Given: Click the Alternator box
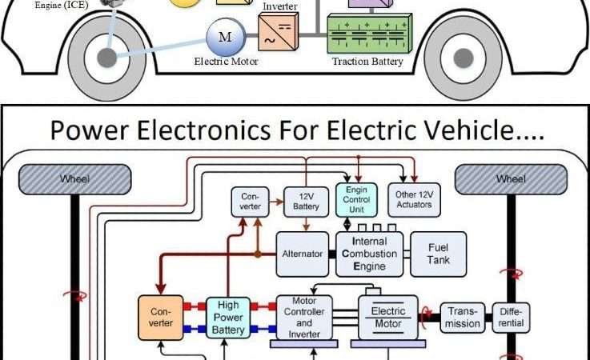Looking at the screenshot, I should coord(302,254).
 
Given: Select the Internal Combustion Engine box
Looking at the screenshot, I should coord(368,254).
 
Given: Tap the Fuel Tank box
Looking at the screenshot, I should coord(438,254).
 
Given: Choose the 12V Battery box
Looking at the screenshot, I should coord(307,200).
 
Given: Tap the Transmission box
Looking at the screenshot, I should coord(463,317).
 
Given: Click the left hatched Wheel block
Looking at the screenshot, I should coord(74,179).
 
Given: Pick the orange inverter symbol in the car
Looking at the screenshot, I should coord(279,34).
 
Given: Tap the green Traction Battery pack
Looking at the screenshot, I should coord(367,34).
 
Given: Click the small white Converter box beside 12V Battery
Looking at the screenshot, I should coord(250,201).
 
